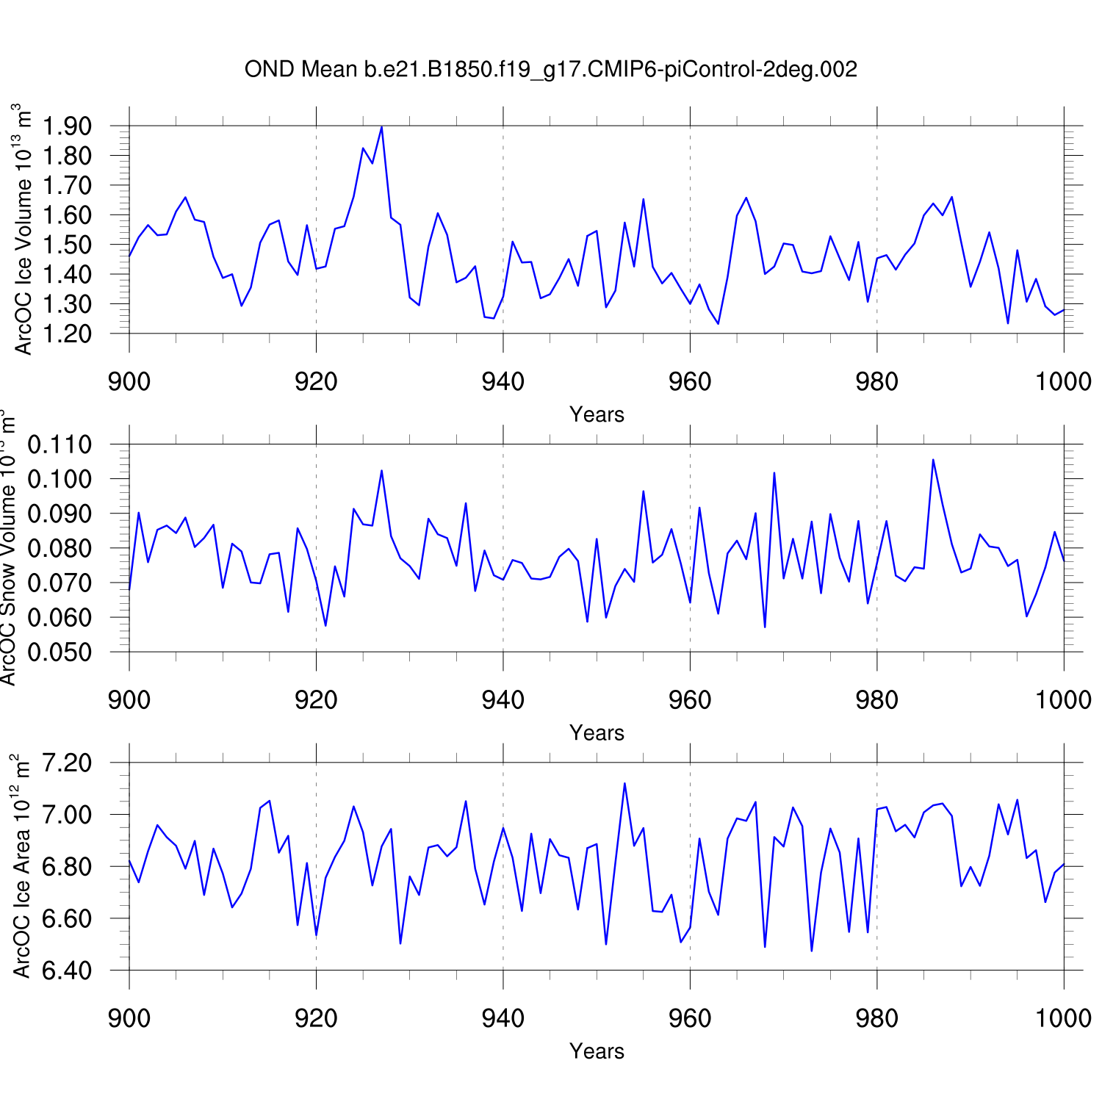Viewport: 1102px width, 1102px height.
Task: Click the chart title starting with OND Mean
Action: click(551, 70)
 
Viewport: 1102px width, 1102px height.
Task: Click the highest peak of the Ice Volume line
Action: click(381, 127)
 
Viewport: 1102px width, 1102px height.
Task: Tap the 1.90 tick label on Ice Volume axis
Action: click(67, 126)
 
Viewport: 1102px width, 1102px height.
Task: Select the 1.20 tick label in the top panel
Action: click(67, 334)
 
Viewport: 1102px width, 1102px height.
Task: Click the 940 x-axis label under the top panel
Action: click(503, 382)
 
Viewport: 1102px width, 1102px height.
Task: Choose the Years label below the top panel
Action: click(597, 415)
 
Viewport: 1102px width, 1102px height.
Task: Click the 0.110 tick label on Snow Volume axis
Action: click(60, 444)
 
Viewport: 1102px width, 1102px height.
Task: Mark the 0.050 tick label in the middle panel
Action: click(60, 652)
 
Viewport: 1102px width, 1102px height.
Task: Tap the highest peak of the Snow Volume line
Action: click(933, 460)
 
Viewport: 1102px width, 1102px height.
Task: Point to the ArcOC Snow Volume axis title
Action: click(9, 547)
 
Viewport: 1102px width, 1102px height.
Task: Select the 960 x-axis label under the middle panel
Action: click(690, 700)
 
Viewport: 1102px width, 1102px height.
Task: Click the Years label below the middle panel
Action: click(597, 733)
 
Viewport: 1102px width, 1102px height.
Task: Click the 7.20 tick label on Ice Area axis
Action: click(67, 763)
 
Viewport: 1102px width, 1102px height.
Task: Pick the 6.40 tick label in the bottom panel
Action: click(67, 970)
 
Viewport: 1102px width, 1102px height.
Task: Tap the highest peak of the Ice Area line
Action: click(624, 783)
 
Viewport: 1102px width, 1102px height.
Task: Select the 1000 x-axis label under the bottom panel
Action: click(1063, 1018)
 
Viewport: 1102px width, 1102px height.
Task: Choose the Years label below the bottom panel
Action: click(597, 1051)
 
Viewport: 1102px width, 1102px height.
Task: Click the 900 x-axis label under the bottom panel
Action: click(129, 1018)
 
